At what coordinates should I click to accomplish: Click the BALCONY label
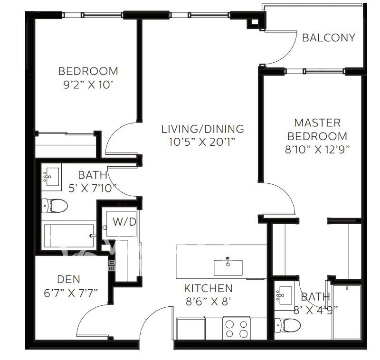[x=329, y=38]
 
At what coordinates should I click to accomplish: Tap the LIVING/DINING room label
[x=203, y=129]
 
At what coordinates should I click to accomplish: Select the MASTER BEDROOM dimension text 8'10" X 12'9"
[x=317, y=150]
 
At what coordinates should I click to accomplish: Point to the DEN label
[x=68, y=279]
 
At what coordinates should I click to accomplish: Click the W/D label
[x=124, y=222]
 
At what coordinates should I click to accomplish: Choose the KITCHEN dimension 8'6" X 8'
[x=208, y=302]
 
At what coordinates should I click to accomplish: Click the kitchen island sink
[x=228, y=267]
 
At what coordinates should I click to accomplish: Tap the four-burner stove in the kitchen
[x=237, y=328]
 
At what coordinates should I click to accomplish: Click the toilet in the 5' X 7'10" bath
[x=55, y=206]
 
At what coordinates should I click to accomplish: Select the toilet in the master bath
[x=287, y=325]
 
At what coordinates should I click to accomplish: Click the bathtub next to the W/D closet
[x=69, y=236]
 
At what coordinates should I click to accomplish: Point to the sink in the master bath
[x=285, y=295]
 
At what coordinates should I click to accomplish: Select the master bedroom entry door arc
[x=285, y=191]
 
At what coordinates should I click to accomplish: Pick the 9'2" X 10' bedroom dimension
[x=88, y=85]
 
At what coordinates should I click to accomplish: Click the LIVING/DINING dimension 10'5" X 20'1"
[x=202, y=142]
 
